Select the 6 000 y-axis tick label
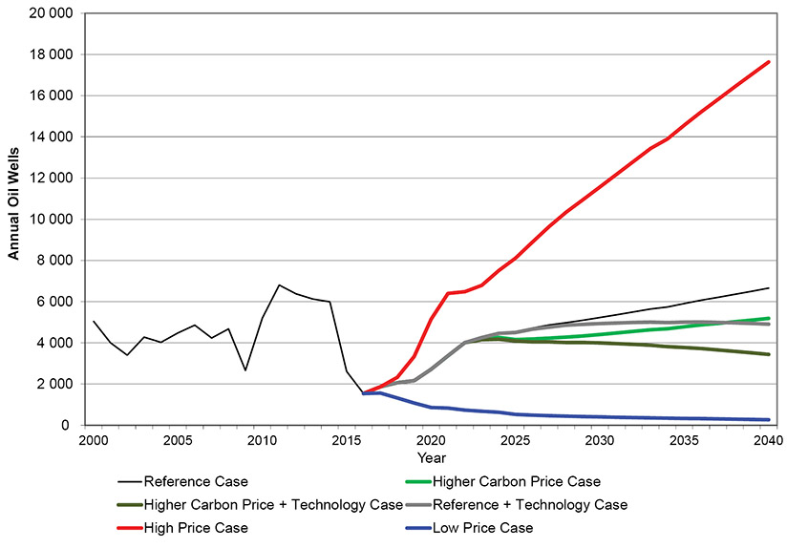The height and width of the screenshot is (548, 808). click(53, 302)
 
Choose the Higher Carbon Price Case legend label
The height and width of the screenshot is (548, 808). click(516, 480)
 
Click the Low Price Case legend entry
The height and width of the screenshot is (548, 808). click(482, 527)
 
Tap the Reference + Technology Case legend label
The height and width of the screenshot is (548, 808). click(529, 504)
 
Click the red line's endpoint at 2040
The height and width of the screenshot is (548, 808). click(769, 62)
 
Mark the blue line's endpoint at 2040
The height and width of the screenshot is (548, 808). click(769, 419)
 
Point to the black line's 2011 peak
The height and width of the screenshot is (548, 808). click(279, 285)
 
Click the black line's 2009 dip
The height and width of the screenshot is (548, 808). click(245, 370)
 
